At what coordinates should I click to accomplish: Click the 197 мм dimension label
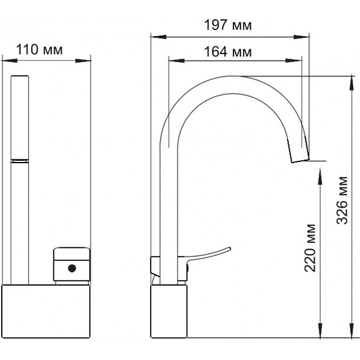click(x=228, y=25)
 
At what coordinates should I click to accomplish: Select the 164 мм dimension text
click(x=228, y=52)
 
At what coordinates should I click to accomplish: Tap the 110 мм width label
click(x=39, y=50)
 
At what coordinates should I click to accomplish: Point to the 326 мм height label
click(x=342, y=200)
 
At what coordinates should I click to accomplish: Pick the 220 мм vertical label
click(x=310, y=248)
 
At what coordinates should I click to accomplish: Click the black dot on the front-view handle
click(x=72, y=268)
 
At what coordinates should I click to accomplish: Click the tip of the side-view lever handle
click(x=230, y=248)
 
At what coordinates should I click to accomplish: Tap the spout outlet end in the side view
click(x=301, y=160)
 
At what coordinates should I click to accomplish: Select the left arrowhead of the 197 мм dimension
click(x=158, y=37)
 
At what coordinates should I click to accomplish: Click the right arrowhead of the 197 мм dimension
click(x=301, y=37)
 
